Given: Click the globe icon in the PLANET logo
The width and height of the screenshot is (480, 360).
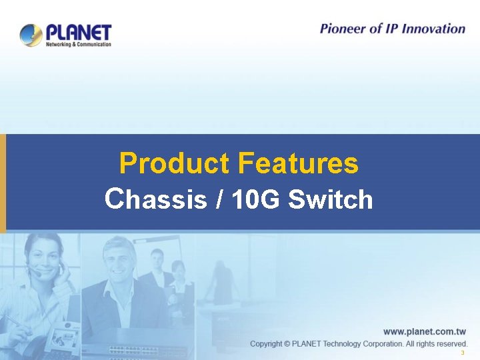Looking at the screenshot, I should tap(31, 35).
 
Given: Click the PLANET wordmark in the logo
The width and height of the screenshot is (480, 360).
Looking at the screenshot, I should tap(79, 31).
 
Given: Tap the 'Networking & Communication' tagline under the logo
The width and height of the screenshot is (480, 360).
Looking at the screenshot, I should tap(78, 44).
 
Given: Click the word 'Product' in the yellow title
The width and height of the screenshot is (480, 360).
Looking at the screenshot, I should tap(175, 163).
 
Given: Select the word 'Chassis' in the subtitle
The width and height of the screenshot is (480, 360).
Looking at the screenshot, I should tap(156, 199).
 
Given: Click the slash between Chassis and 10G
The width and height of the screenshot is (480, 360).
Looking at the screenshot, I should tap(219, 199).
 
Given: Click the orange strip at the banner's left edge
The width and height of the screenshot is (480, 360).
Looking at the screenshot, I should tap(3, 183).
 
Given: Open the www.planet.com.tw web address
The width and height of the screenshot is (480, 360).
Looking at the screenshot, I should tap(425, 331).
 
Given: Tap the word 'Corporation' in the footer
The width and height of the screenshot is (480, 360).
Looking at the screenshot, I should tap(377, 344).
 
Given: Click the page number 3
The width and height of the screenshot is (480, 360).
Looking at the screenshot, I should tap(462, 353).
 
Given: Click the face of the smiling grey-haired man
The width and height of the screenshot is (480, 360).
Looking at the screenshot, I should tap(118, 261).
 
